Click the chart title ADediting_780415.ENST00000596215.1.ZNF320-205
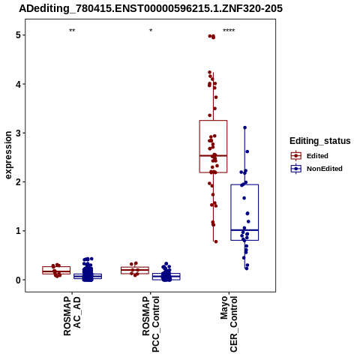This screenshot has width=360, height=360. pyautogui.click(x=151, y=9)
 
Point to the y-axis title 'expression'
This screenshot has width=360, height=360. pyautogui.click(x=8, y=155)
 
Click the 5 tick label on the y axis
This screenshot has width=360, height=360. pyautogui.click(x=18, y=35)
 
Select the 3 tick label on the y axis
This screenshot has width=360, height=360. pyautogui.click(x=18, y=133)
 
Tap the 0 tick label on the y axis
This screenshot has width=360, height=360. pyautogui.click(x=18, y=280)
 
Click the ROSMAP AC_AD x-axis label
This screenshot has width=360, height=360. pyautogui.click(x=72, y=316)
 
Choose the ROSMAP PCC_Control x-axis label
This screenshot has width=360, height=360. pyautogui.click(x=151, y=324)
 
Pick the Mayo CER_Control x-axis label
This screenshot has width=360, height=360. pyautogui.click(x=229, y=324)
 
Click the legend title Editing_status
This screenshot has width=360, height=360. pyautogui.click(x=320, y=141)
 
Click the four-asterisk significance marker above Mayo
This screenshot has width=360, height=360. pyautogui.click(x=229, y=31)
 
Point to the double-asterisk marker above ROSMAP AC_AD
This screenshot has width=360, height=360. pyautogui.click(x=72, y=31)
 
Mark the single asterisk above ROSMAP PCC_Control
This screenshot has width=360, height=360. pyautogui.click(x=151, y=31)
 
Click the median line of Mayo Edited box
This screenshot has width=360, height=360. pyautogui.click(x=213, y=156)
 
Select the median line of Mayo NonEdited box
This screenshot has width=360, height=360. pyautogui.click(x=244, y=230)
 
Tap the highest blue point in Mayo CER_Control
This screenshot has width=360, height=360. pyautogui.click(x=245, y=127)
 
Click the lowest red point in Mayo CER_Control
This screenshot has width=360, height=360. pyautogui.click(x=216, y=241)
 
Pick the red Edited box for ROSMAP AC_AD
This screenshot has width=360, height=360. pyautogui.click(x=56, y=270)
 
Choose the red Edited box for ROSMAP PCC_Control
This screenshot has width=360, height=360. pyautogui.click(x=135, y=270)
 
